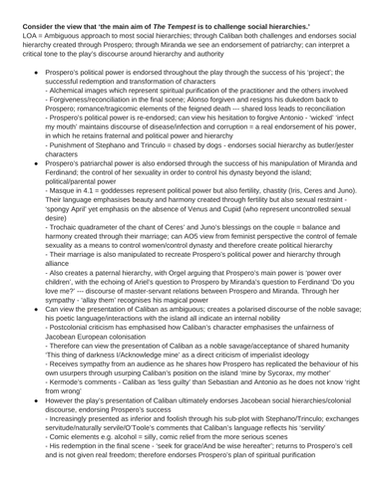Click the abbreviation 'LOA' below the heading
click(13, 21)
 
